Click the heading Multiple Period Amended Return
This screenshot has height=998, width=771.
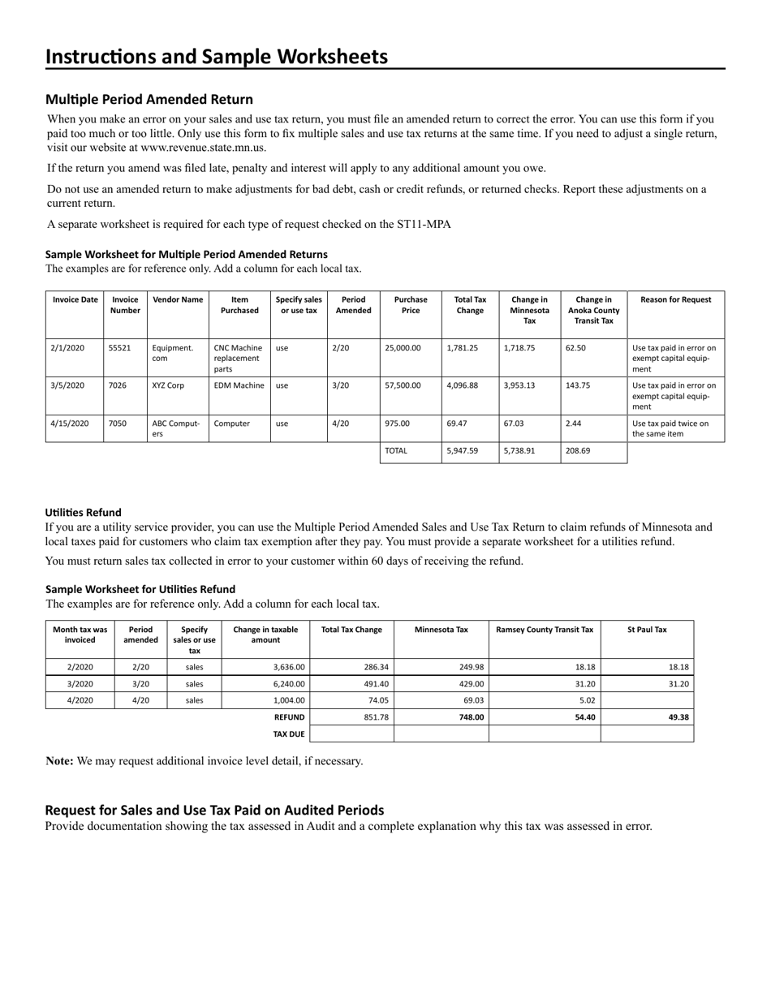(149, 100)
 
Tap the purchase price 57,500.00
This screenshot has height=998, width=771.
(403, 386)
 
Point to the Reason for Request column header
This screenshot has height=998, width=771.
(676, 299)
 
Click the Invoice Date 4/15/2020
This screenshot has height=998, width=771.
(69, 424)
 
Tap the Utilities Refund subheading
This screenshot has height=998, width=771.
(84, 513)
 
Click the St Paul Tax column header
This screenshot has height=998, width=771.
(647, 630)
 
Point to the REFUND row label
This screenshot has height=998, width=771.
(289, 717)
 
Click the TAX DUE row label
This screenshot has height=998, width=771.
(288, 734)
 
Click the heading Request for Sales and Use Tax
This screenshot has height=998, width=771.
(214, 810)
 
